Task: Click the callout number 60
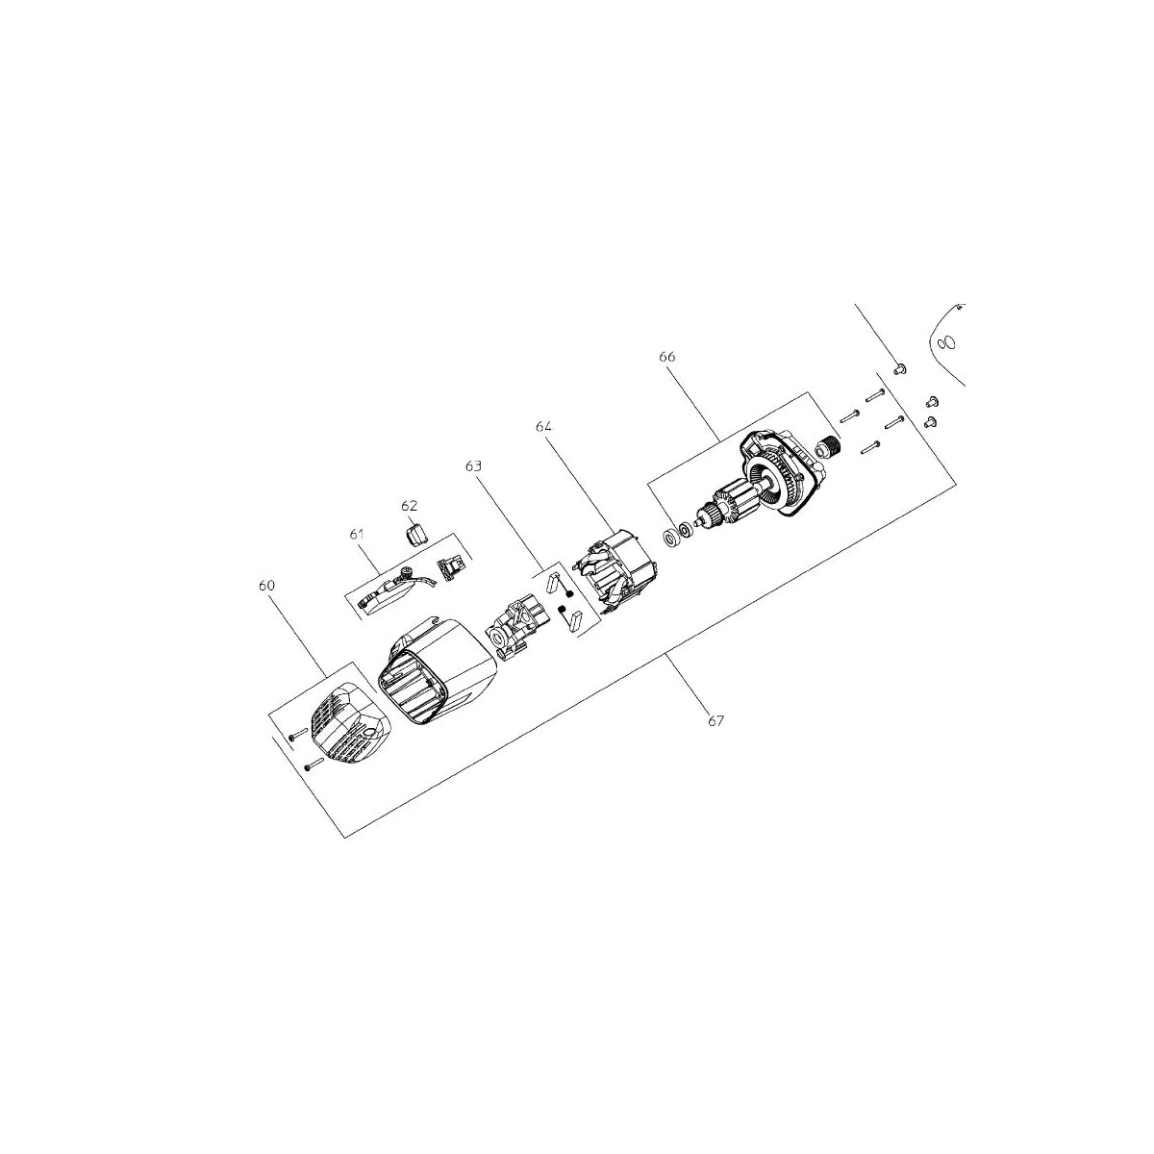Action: point(266,585)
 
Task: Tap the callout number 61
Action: point(357,534)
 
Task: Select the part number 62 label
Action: point(410,506)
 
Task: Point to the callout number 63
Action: point(473,465)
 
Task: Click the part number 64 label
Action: point(543,426)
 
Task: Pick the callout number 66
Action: point(666,357)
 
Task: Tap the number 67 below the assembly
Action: point(715,721)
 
